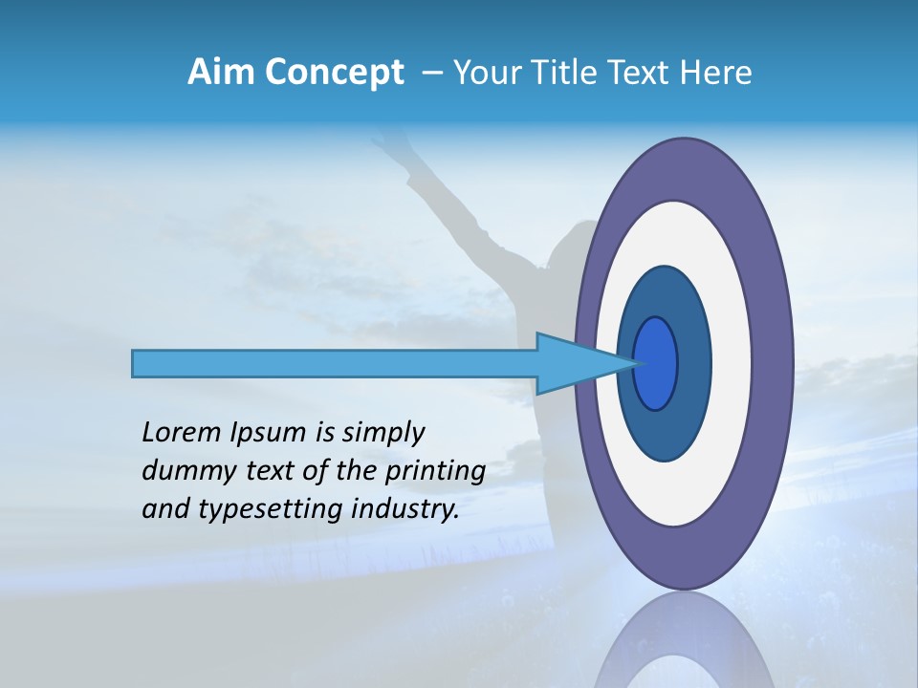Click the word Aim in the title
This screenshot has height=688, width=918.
point(215,72)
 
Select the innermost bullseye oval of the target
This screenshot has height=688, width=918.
point(656,364)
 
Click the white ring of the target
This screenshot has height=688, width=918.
point(732,364)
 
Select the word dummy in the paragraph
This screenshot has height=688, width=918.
point(185,471)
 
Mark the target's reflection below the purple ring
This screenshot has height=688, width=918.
point(684,640)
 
